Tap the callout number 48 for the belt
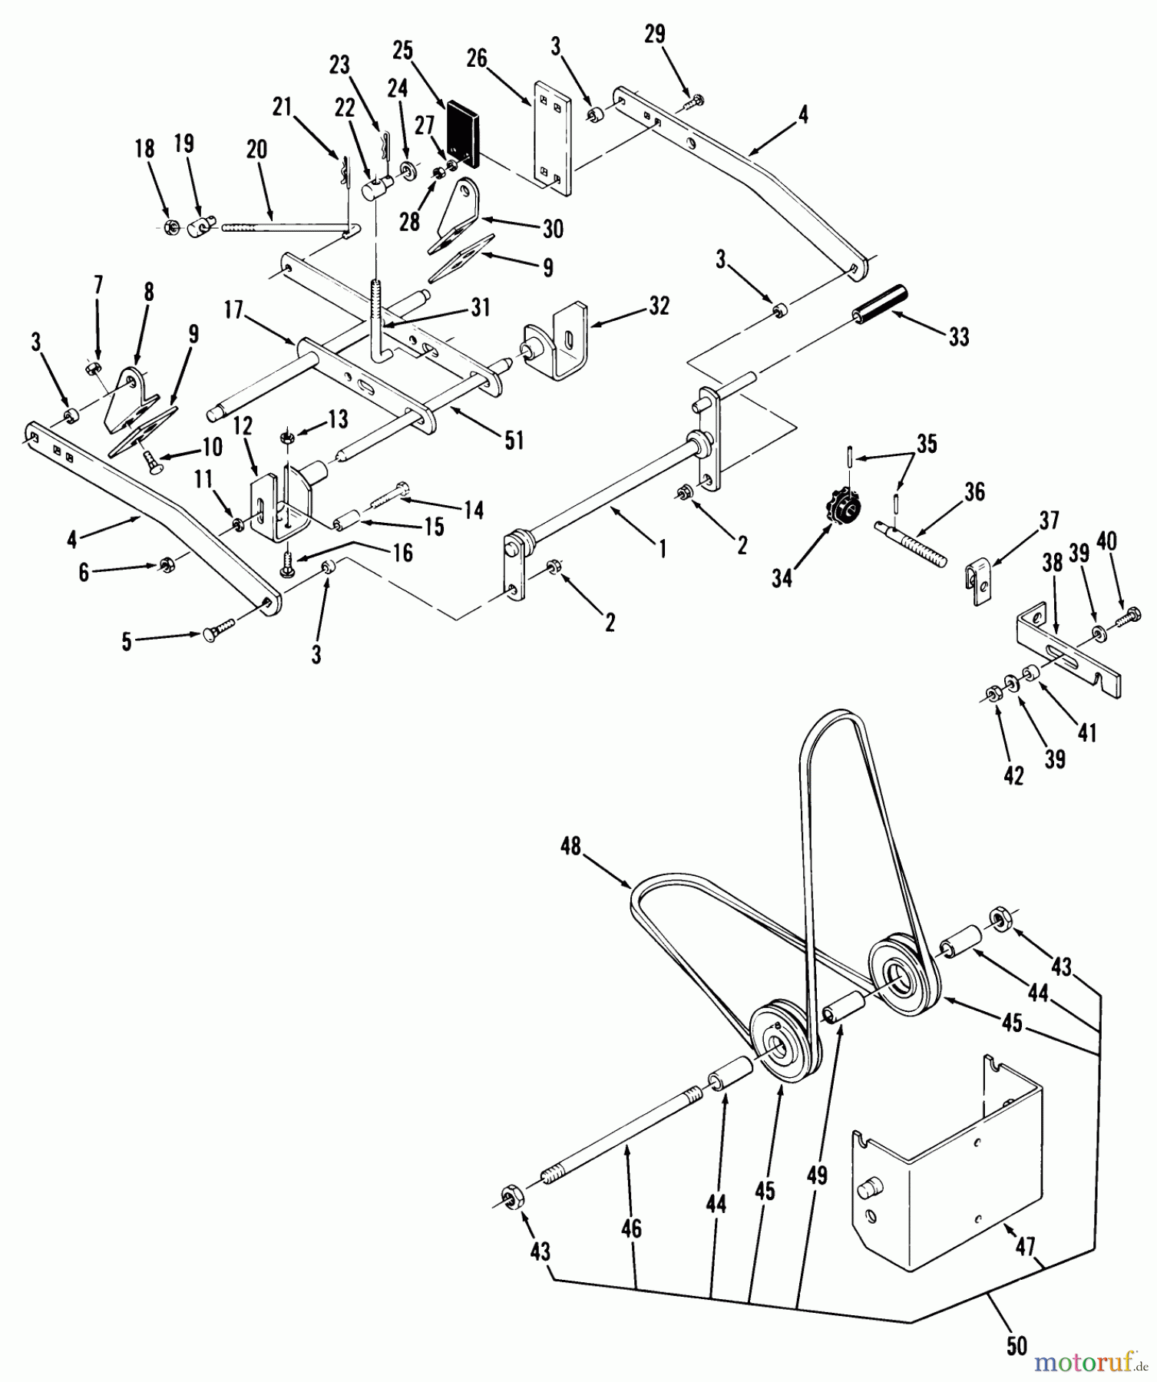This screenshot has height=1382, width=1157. tap(571, 846)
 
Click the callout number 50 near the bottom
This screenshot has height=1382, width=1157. tap(1016, 1346)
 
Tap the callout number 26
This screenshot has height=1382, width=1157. tap(478, 58)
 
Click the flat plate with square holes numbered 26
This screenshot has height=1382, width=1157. tap(553, 135)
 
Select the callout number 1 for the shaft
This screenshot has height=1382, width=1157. tap(662, 548)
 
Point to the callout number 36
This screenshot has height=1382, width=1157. tap(974, 491)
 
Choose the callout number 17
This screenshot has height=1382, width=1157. tap(234, 310)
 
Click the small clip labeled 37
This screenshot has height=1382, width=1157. tap(977, 578)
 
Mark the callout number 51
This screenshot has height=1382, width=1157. tap(513, 440)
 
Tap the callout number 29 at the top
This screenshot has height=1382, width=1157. tap(655, 35)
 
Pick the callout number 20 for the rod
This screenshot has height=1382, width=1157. tap(256, 150)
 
